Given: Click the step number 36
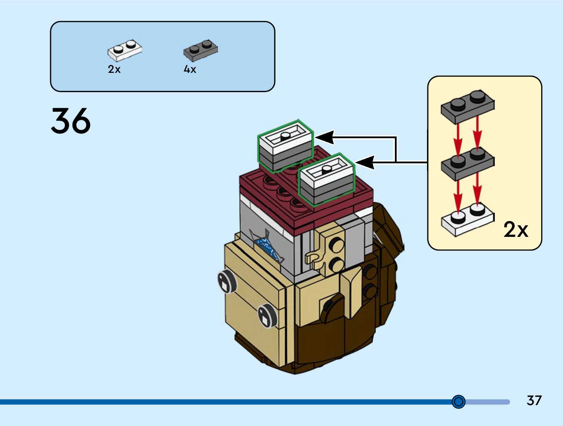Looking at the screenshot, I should tap(71, 121).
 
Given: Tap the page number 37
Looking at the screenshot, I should tap(534, 401).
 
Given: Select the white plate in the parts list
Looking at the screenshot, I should tap(124, 51).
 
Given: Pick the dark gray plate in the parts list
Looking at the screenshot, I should tap(200, 50).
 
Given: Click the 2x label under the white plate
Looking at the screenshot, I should tap(114, 69).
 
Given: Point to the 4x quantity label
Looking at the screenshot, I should tap(190, 69).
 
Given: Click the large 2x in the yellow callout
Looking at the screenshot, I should tap(516, 229).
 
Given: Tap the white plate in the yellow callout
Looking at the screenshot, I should tap(467, 219).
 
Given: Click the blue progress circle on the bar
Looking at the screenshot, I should tap(458, 402).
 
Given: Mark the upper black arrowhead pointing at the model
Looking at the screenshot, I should tap(324, 137).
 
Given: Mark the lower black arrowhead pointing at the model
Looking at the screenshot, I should tap(365, 163).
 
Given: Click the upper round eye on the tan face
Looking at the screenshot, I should tap(226, 281).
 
